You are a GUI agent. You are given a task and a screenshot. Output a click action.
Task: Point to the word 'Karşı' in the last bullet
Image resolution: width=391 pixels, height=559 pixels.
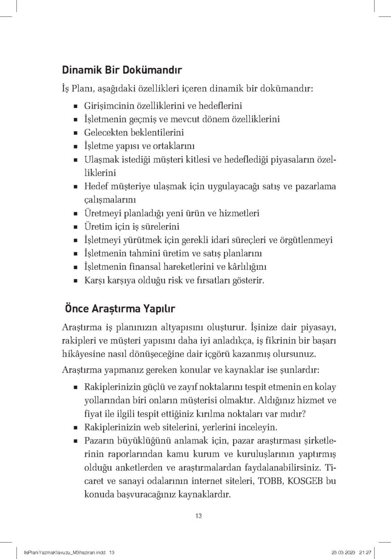pyautogui.click(x=94, y=281)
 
